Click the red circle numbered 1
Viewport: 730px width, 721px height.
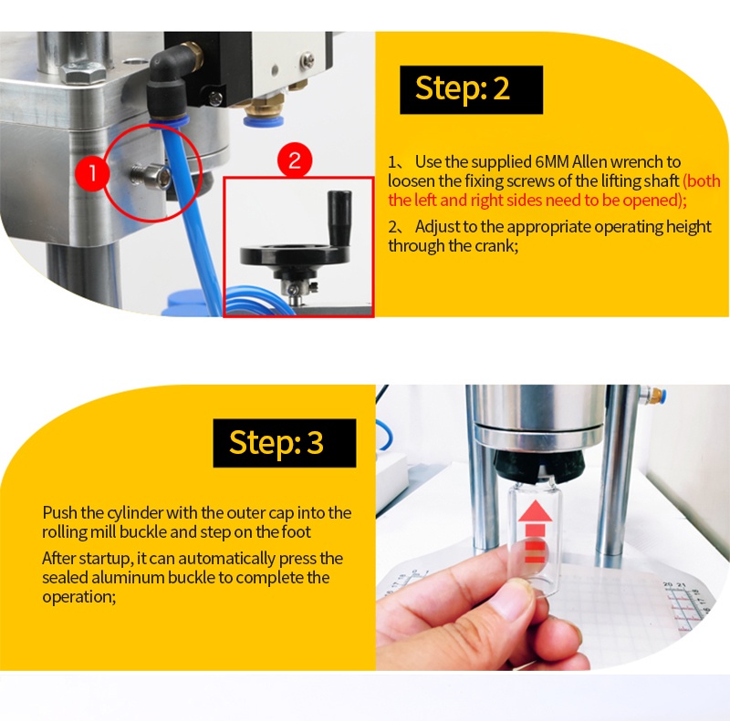pyautogui.click(x=92, y=173)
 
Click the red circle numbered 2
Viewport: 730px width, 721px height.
pyautogui.click(x=295, y=160)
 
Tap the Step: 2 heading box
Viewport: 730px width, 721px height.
pyautogui.click(x=471, y=89)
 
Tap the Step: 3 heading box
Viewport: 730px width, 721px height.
pyautogui.click(x=285, y=443)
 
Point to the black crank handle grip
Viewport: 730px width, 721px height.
pyautogui.click(x=339, y=215)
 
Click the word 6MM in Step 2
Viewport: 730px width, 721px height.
pyautogui.click(x=552, y=162)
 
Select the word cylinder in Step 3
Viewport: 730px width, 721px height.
pyautogui.click(x=135, y=513)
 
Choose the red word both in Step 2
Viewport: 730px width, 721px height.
pyautogui.click(x=702, y=181)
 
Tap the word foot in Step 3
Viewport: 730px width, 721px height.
pyautogui.click(x=296, y=531)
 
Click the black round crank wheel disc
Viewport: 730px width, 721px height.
pyautogui.click(x=294, y=253)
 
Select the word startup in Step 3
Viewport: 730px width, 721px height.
pyautogui.click(x=106, y=558)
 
